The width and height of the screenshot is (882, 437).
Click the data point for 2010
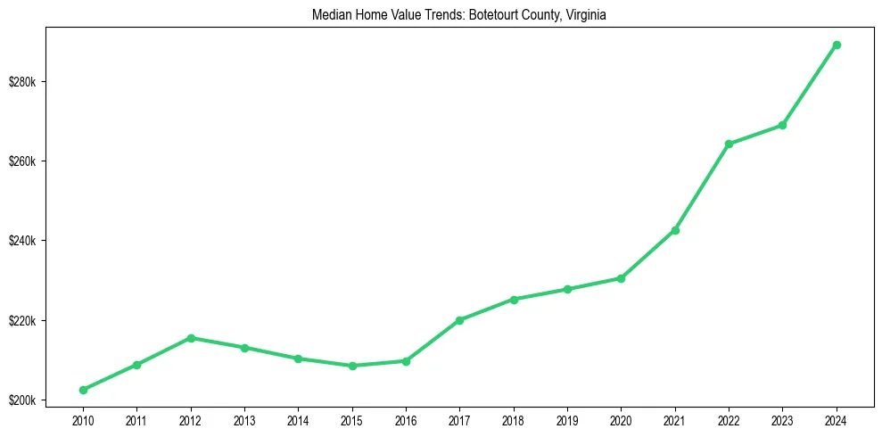83,390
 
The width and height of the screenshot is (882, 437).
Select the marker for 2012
191,338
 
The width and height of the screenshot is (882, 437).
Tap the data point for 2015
352,366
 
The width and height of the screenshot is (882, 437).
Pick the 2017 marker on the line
459,320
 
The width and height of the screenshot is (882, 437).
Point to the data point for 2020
621,278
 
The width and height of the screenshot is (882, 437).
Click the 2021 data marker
675,230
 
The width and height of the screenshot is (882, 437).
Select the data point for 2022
729,144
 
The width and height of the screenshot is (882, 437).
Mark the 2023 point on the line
782,125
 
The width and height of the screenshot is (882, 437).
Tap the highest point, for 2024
837,45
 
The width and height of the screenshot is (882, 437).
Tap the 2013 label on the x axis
244,418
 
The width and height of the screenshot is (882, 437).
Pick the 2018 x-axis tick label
514,418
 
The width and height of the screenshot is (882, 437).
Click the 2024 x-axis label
837,418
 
